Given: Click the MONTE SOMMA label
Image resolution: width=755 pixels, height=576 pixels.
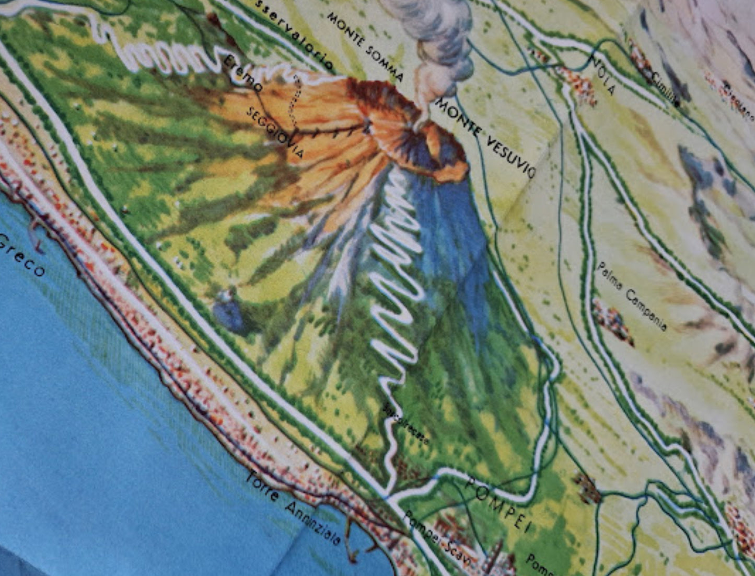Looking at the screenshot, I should (365, 47).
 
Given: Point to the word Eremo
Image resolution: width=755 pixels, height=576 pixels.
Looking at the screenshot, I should (242, 74).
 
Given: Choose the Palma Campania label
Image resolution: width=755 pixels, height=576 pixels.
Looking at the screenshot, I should (632, 296).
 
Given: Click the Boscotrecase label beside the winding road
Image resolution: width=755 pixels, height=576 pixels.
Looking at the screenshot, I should (406, 424).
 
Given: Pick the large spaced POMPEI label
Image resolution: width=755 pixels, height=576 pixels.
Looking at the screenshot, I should (497, 503).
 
